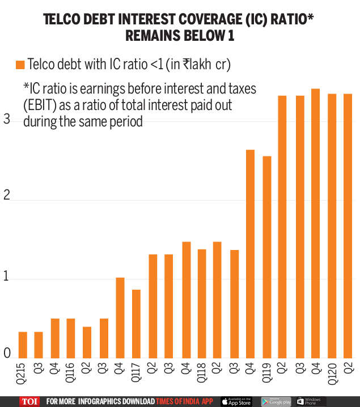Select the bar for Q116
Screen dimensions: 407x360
point(71,338)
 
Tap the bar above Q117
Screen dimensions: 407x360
point(136,324)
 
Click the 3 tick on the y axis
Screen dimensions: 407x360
point(7,120)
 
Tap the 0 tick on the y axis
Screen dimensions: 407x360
point(7,354)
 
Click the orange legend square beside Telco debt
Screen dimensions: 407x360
point(20,65)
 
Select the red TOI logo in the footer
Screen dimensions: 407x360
point(29,401)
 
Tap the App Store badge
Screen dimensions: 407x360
point(236,401)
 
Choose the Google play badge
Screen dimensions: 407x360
point(276,401)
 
